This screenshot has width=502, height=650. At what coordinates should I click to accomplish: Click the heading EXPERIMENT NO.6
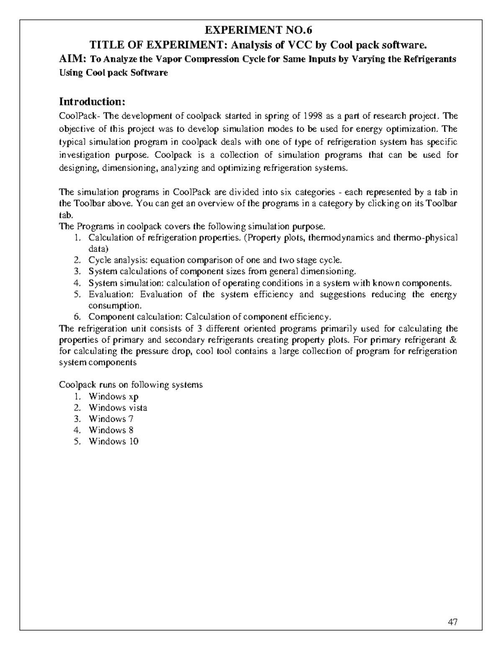click(x=258, y=30)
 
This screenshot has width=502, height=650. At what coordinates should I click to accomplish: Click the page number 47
click(x=452, y=622)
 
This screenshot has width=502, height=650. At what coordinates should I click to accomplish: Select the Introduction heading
click(x=92, y=102)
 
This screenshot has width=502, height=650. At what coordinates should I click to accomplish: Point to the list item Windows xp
click(x=113, y=396)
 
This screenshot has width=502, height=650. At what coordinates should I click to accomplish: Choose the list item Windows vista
click(x=118, y=408)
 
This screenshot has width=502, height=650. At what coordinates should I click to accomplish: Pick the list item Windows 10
click(x=113, y=442)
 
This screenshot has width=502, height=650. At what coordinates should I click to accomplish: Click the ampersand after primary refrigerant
click(x=454, y=339)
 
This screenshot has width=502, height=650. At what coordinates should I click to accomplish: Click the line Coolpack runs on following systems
click(x=131, y=385)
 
